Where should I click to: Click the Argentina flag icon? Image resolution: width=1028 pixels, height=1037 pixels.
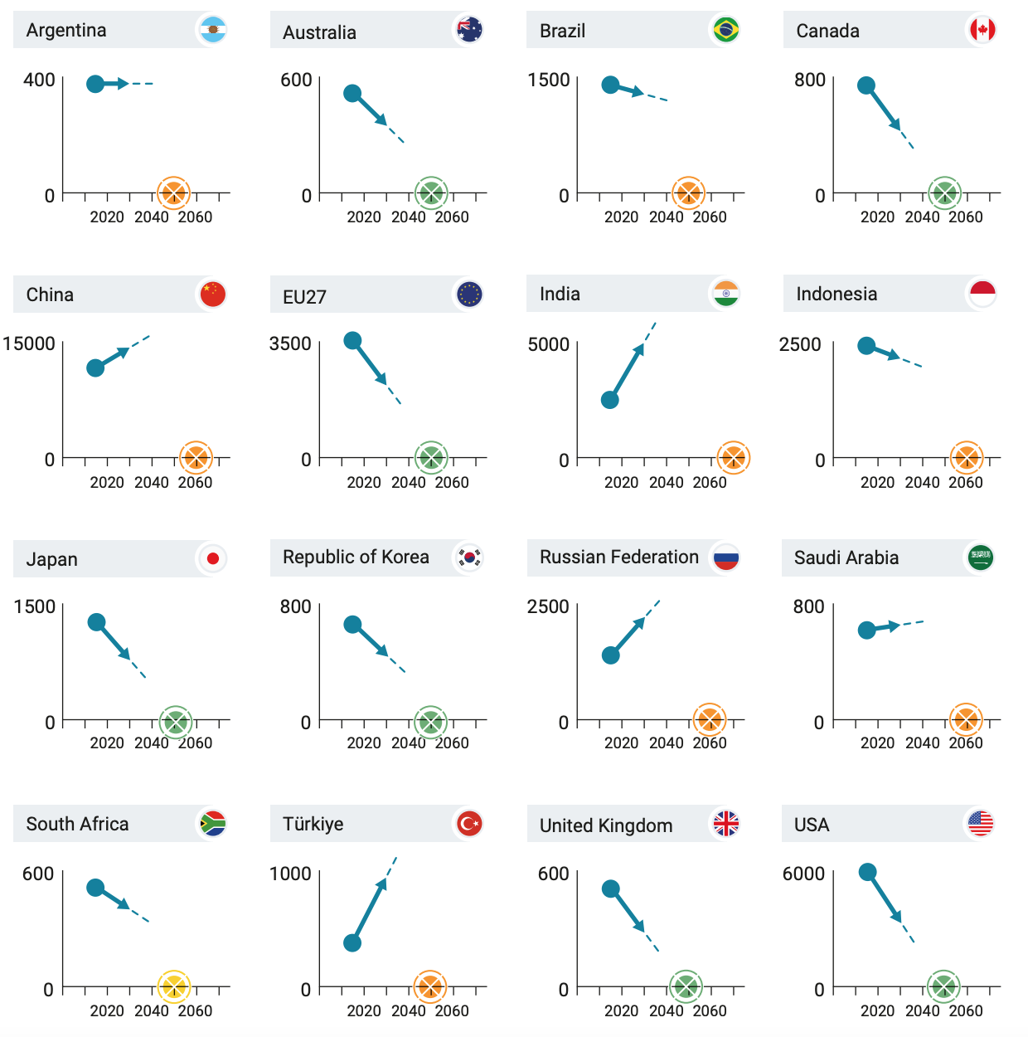[x=213, y=30]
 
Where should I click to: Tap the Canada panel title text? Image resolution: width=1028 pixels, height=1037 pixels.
[x=827, y=31]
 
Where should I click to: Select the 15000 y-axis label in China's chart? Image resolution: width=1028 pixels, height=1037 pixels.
[x=29, y=343]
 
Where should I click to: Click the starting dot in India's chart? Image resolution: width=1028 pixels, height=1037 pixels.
[x=610, y=400]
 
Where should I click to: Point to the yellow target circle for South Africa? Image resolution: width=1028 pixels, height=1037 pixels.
[x=174, y=986]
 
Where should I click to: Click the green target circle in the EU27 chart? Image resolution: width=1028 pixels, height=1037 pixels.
[x=431, y=457]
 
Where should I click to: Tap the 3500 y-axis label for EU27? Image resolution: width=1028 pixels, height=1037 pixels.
[x=290, y=343]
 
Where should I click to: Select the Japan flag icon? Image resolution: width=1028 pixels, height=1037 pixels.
[x=213, y=558]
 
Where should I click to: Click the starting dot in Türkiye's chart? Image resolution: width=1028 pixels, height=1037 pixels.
[x=352, y=942]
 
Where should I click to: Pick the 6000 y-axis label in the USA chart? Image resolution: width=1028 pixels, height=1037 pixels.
[x=803, y=874]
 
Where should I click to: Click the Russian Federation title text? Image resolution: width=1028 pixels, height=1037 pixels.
[x=619, y=557]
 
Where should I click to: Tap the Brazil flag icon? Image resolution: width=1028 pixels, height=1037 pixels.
[x=726, y=30]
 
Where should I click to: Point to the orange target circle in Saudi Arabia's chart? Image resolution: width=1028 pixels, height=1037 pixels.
[x=966, y=720]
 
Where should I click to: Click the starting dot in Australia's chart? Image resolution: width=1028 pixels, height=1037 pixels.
[x=352, y=93]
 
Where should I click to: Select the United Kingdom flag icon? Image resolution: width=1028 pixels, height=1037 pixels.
[x=726, y=824]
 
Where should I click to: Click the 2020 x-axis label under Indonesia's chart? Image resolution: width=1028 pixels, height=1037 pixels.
[x=877, y=482]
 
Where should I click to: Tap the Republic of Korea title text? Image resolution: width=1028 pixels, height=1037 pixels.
[x=356, y=557]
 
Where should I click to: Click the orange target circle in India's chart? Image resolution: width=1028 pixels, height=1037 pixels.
[x=734, y=457]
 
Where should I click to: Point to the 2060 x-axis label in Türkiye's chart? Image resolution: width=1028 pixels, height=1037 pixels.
[x=452, y=1010]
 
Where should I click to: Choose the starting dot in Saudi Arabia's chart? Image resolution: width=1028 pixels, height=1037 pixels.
[x=867, y=630]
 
